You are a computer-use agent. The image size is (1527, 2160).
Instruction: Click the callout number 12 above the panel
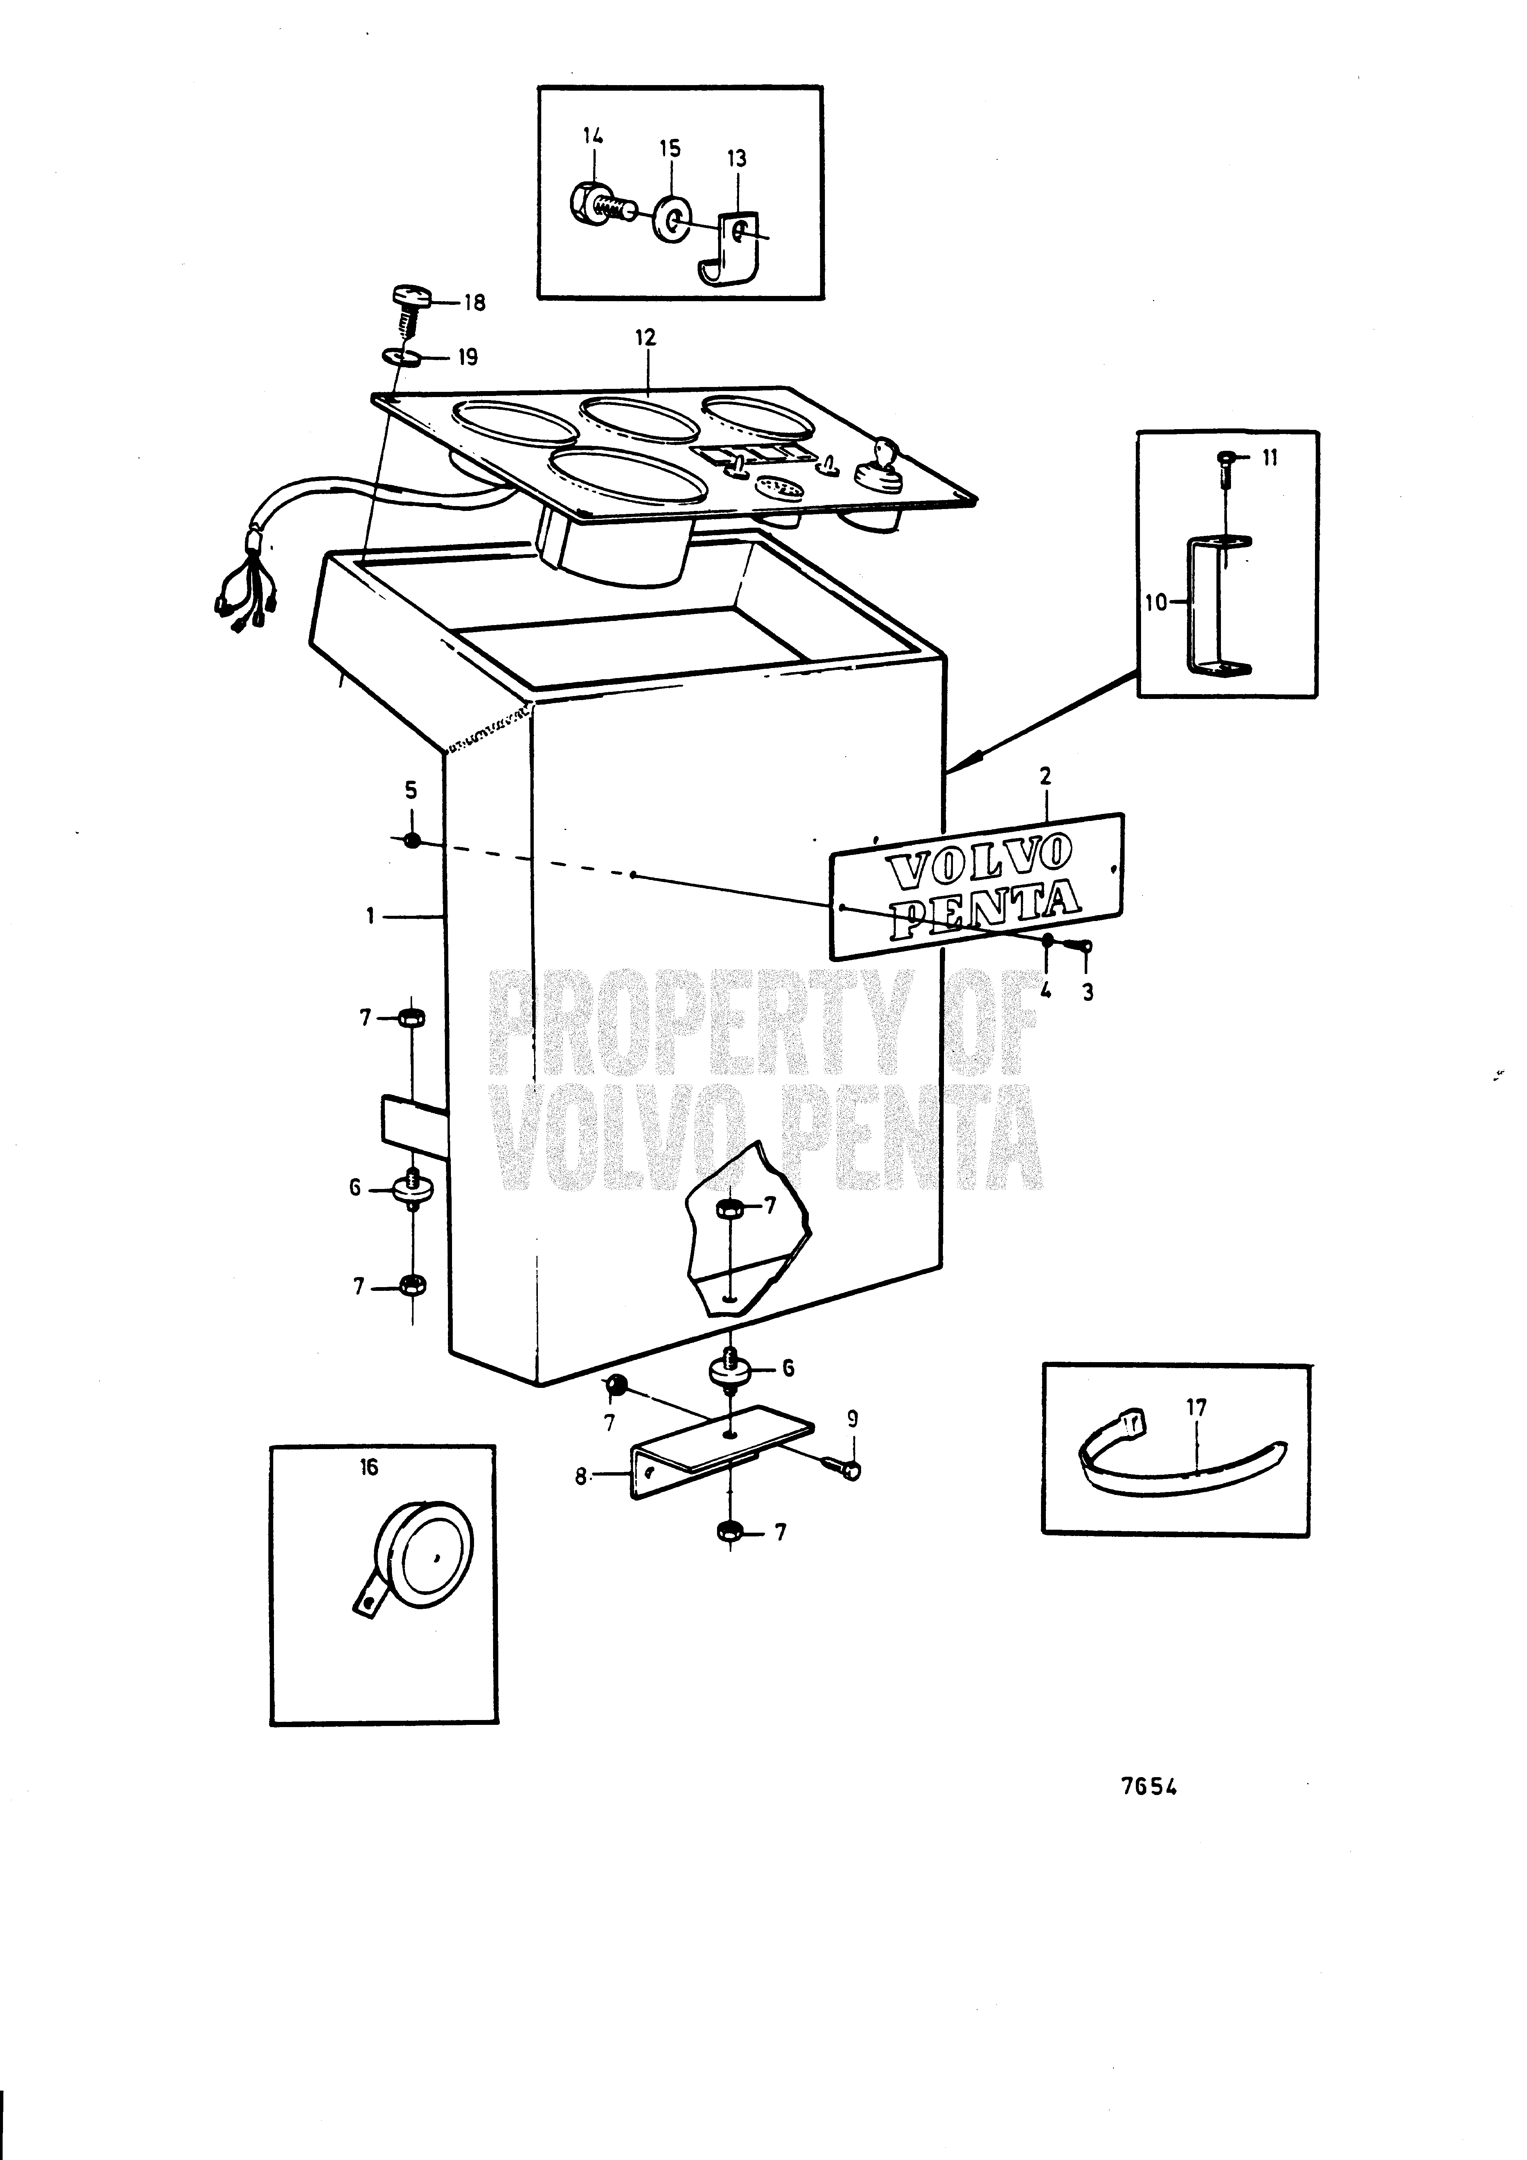click(x=645, y=337)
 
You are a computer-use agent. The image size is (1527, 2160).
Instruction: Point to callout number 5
click(x=411, y=790)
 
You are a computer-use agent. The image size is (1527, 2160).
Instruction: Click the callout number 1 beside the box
click(x=371, y=914)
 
